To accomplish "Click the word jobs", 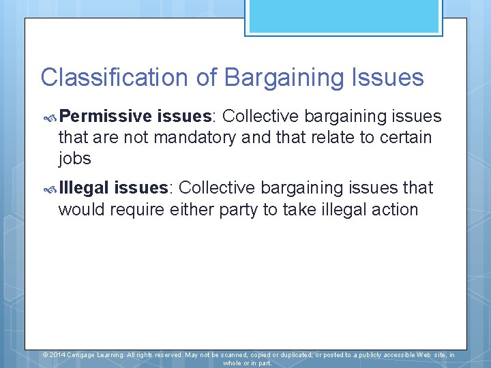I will click(75, 158).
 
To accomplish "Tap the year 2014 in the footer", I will click(58, 355).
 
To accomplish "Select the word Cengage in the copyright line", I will click(82, 355).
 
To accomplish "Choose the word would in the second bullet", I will click(80, 209).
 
